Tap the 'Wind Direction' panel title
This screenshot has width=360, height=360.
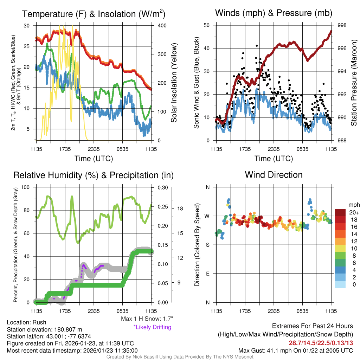274,174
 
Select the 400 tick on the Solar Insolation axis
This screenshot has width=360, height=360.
159,26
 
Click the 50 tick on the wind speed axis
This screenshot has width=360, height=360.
207,25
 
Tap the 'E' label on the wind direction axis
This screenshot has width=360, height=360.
207,274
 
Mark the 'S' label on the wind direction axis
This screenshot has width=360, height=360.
207,245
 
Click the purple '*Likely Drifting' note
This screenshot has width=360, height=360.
152,327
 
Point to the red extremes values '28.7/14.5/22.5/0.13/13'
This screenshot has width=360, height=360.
321,343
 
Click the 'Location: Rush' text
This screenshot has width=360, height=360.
26,322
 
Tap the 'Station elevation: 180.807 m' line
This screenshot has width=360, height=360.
44,329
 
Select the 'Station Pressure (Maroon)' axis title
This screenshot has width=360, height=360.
354,83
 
